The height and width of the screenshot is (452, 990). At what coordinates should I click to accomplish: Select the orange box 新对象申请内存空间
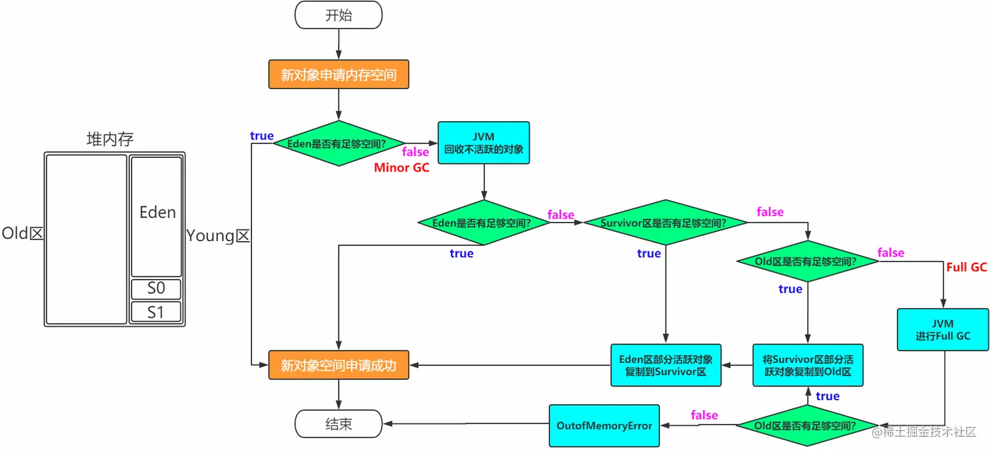(339, 75)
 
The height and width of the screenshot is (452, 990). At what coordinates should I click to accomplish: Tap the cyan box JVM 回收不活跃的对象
(484, 142)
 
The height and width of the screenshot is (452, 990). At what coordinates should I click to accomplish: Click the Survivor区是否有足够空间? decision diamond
(665, 223)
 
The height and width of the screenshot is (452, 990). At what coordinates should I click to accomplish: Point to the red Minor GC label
(401, 168)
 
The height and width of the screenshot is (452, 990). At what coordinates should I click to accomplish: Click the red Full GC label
(966, 267)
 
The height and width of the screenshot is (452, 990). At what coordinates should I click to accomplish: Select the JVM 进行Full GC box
(943, 330)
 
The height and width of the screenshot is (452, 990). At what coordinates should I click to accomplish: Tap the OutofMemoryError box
(604, 426)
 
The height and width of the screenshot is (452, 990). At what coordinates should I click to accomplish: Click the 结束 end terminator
(339, 424)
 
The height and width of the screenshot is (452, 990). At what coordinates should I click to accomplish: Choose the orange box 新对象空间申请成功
(339, 366)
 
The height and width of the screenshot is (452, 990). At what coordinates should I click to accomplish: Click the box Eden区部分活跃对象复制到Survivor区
(665, 366)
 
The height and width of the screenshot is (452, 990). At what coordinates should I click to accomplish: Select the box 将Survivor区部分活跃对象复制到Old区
(807, 366)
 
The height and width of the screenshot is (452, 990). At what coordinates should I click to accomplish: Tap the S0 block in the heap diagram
(156, 289)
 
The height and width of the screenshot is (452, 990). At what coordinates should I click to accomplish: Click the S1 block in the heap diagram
(156, 312)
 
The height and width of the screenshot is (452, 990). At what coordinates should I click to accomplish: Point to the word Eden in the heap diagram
(157, 212)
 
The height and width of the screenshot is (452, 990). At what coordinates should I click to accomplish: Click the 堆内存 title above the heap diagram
(111, 139)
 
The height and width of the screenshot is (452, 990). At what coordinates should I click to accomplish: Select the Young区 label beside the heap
(218, 236)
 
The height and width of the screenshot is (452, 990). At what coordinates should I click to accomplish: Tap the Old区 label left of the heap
(22, 233)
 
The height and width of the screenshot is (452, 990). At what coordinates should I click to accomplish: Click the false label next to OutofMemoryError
(704, 415)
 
